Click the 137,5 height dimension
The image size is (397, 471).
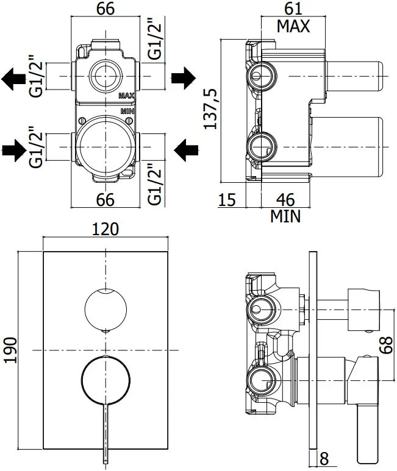click(x=210, y=108)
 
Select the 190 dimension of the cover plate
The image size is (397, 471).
click(x=10, y=350)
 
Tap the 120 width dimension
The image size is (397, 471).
click(x=105, y=229)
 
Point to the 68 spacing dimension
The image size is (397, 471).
click(x=386, y=344)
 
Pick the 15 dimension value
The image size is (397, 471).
click(x=227, y=199)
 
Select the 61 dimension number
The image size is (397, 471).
click(x=293, y=9)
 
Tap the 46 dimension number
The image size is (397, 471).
click(x=285, y=199)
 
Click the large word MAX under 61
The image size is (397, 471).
click(x=293, y=26)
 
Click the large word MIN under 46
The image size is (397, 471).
click(x=285, y=216)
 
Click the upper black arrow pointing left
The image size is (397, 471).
click(x=13, y=79)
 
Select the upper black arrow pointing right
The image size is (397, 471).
click(x=184, y=78)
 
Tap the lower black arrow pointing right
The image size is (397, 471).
click(x=15, y=150)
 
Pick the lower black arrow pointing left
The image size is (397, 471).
click(x=186, y=150)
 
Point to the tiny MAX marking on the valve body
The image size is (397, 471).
click(x=126, y=96)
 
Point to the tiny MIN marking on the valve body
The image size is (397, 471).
click(x=127, y=111)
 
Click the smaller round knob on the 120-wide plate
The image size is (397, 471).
click(x=106, y=309)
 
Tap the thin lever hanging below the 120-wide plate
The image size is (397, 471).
click(x=106, y=433)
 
